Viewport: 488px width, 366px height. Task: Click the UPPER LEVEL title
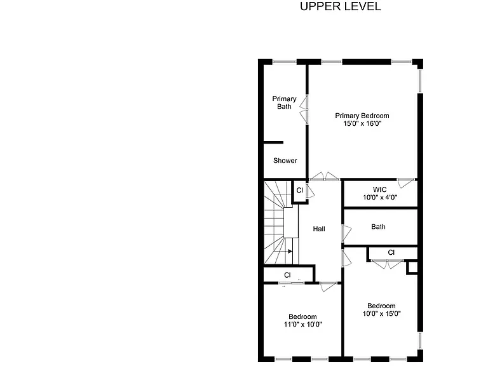pyautogui.click(x=340, y=6)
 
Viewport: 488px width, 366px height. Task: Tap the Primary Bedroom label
pyautogui.click(x=362, y=116)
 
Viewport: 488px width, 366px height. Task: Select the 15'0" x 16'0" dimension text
pyautogui.click(x=362, y=123)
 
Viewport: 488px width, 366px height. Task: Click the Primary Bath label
pyautogui.click(x=284, y=103)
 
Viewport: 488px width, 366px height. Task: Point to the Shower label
pyautogui.click(x=285, y=161)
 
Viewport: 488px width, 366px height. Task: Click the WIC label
pyautogui.click(x=380, y=189)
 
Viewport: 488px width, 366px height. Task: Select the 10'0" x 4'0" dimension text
pyautogui.click(x=380, y=198)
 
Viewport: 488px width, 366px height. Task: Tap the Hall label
pyautogui.click(x=319, y=229)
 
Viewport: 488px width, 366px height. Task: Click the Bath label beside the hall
pyautogui.click(x=378, y=227)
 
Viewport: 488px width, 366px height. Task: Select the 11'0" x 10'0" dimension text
pyautogui.click(x=303, y=324)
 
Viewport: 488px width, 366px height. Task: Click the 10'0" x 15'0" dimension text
pyautogui.click(x=381, y=313)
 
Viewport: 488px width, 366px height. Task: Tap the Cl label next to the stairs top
pyautogui.click(x=299, y=190)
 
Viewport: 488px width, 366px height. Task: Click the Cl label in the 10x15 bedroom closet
pyautogui.click(x=391, y=252)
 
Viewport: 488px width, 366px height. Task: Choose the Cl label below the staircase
pyautogui.click(x=287, y=275)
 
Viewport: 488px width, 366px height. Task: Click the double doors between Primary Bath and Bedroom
pyautogui.click(x=304, y=109)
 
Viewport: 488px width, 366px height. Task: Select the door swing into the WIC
pyautogui.click(x=406, y=183)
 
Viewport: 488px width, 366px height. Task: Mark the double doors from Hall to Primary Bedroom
pyautogui.click(x=325, y=176)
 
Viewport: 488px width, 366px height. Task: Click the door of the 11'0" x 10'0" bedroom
pyautogui.click(x=329, y=287)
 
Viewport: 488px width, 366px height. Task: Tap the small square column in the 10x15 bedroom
pyautogui.click(x=412, y=268)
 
